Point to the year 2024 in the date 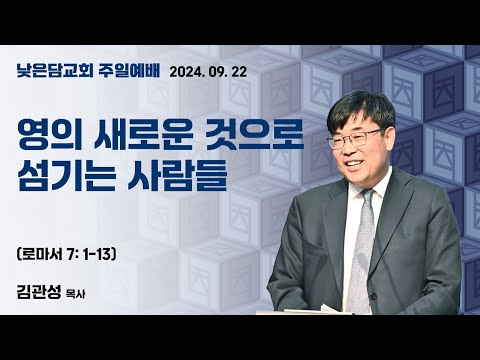coord(189,71)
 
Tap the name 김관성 coord(42,294)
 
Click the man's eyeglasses coord(351,137)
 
